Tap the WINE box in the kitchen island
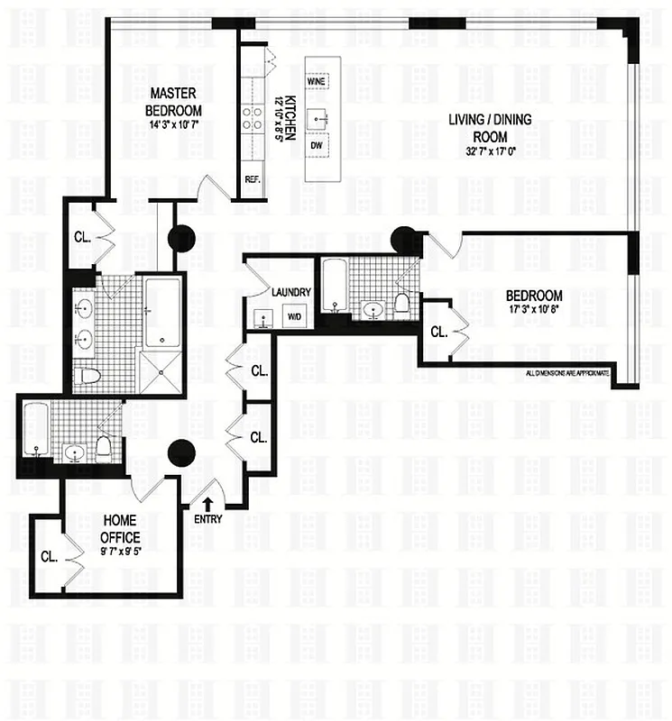317,81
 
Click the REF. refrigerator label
252,179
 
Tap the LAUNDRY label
290,293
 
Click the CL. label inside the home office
49,556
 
